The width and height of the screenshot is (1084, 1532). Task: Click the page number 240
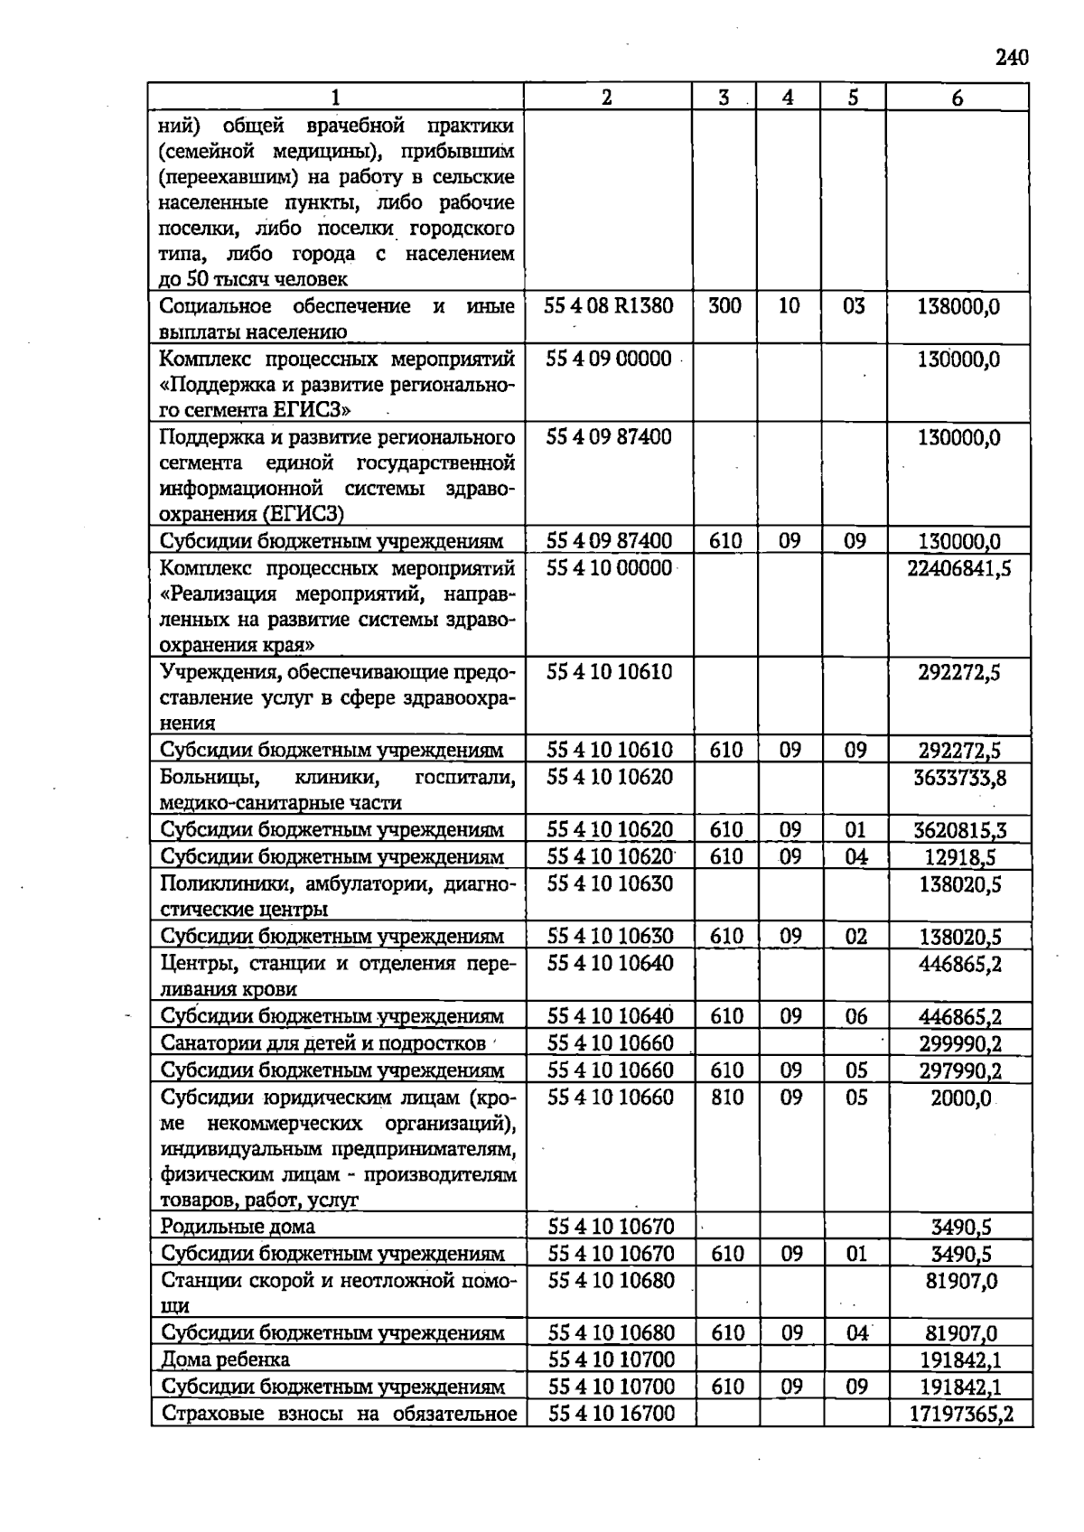click(1012, 58)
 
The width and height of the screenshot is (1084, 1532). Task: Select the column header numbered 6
click(958, 98)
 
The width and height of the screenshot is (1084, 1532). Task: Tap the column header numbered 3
click(724, 98)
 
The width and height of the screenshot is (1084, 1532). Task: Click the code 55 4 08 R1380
click(609, 306)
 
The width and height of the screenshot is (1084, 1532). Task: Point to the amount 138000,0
click(958, 306)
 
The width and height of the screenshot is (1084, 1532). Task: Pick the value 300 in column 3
click(724, 306)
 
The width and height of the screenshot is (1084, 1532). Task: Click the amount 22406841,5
click(958, 569)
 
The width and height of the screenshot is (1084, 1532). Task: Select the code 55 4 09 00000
click(609, 360)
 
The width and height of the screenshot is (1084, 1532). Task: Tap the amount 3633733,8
click(958, 777)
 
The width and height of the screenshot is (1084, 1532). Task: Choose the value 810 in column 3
click(727, 1098)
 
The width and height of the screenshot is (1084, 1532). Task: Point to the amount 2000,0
click(961, 1098)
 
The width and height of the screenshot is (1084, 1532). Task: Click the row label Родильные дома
click(238, 1227)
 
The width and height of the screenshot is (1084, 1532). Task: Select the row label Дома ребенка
click(225, 1360)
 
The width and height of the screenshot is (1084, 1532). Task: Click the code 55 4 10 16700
click(612, 1414)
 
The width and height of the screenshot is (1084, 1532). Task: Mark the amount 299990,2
click(960, 1044)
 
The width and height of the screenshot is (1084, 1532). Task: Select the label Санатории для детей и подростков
click(323, 1044)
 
